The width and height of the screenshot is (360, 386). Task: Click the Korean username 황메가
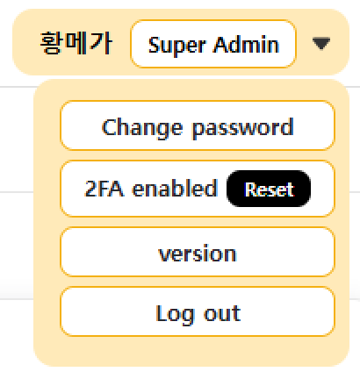point(76,43)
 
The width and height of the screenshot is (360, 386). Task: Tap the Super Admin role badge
point(213,44)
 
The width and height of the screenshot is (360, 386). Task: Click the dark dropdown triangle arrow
point(321,44)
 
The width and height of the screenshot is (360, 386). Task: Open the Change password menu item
point(198,125)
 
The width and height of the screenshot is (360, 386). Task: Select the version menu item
point(198,252)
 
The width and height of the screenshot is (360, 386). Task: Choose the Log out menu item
point(198,311)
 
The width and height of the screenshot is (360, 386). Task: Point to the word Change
point(142,128)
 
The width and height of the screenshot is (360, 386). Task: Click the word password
point(243,128)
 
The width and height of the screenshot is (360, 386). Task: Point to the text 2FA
point(104,189)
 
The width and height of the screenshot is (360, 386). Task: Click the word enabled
point(175,188)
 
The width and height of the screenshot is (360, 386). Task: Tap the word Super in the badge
point(176,46)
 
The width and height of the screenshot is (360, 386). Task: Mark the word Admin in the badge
point(246,45)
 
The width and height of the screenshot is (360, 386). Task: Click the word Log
point(175,315)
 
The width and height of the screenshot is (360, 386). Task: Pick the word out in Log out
point(222,313)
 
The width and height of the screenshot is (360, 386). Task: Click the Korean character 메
point(76,43)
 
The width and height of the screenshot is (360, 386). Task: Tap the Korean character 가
point(101,43)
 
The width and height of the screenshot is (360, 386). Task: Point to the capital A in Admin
point(221,45)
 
